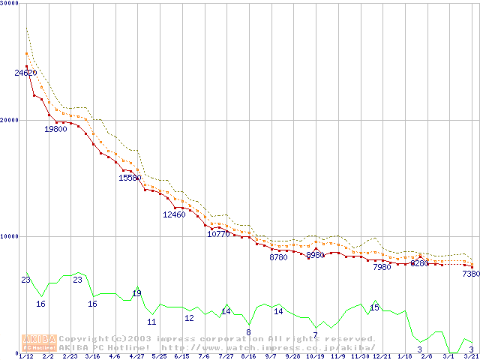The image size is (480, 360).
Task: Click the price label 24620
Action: (25, 73)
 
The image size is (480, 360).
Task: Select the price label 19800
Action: (55, 129)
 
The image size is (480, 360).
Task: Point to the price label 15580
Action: (130, 178)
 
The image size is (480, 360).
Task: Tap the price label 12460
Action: (174, 214)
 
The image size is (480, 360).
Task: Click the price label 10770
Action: (218, 234)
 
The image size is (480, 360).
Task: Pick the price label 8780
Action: (278, 257)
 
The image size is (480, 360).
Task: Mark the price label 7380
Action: (470, 274)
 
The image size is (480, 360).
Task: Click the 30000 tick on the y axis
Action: (10, 4)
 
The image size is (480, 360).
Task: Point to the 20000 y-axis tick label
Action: (10, 120)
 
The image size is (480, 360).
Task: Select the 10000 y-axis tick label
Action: (10, 236)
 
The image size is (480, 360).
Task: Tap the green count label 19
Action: (136, 293)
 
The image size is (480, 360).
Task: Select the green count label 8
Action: (248, 332)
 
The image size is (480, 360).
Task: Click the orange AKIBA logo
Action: (40, 343)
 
